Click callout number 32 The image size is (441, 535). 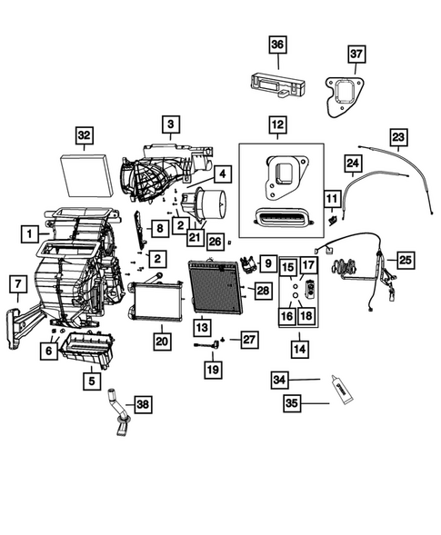click(84, 136)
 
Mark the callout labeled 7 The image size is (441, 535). click(16, 284)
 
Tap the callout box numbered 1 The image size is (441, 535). click(31, 234)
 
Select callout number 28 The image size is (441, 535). click(262, 290)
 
